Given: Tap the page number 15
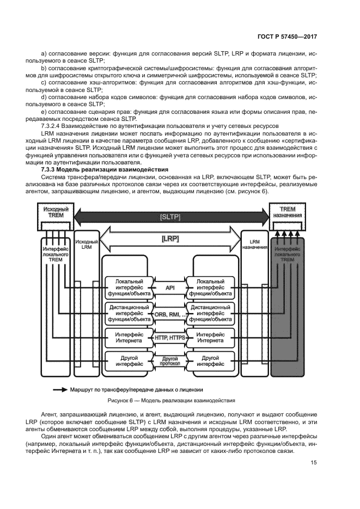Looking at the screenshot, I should [313, 463].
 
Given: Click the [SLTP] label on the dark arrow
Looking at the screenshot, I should [170, 216].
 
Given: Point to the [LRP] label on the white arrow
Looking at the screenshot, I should [170, 238].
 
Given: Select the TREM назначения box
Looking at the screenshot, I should [290, 212].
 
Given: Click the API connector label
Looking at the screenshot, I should [170, 287].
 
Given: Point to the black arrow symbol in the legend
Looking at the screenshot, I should [59, 390].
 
